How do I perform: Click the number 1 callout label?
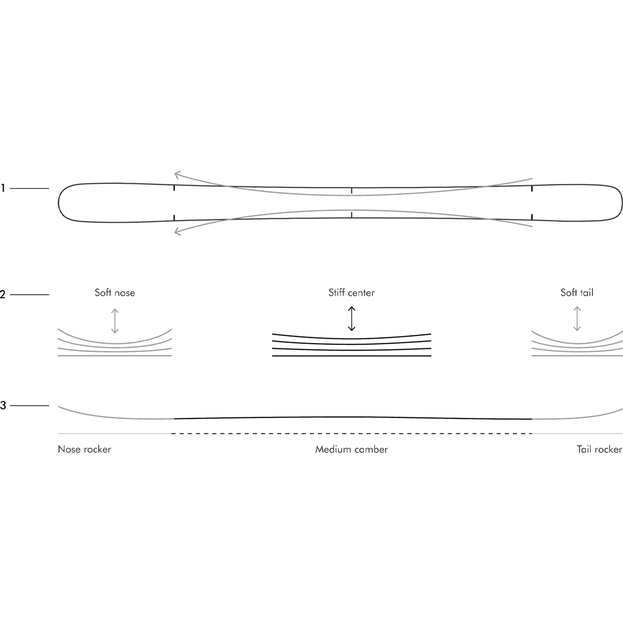point(3,188)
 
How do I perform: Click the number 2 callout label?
point(3,294)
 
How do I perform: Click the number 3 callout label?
point(3,405)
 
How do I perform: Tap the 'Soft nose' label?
point(115,293)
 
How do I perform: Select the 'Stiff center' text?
point(351,293)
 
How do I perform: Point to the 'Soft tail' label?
point(577,293)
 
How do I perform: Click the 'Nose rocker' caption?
point(85,449)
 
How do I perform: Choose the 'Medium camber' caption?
point(351,449)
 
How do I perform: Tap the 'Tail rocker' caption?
point(599,449)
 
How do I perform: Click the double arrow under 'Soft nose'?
point(115,321)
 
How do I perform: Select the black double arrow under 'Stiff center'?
point(351,319)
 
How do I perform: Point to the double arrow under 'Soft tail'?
point(577,319)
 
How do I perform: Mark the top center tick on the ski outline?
point(351,191)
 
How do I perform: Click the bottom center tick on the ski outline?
point(351,214)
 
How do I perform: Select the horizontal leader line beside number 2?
point(30,294)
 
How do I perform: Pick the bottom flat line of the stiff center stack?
point(351,356)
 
